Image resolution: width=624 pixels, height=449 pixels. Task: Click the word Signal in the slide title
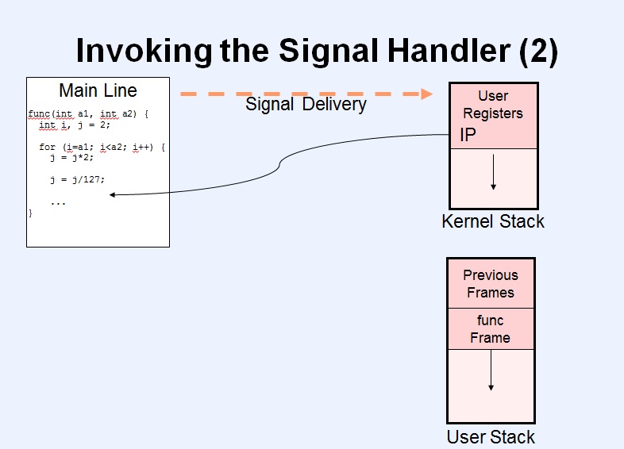pos(329,51)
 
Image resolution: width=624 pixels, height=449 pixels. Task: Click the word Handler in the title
pos(449,50)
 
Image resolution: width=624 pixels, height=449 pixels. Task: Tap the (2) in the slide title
pos(538,52)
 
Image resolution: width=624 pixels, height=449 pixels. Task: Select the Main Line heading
pos(98,90)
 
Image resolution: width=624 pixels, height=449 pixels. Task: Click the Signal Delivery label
pos(306,104)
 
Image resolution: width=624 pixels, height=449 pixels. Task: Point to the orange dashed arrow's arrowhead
pos(426,94)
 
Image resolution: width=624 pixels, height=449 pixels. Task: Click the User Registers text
pos(493,105)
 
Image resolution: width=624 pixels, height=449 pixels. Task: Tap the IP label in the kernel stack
pos(468,135)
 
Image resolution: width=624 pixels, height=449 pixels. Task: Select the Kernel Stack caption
pos(493,221)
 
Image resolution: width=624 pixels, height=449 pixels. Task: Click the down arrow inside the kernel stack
pos(494,172)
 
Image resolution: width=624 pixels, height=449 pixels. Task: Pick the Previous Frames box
pos(491,283)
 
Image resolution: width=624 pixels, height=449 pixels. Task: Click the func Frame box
pos(491,329)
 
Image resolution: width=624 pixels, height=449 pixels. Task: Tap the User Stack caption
pos(491,437)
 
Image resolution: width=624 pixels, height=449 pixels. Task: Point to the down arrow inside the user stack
pos(491,370)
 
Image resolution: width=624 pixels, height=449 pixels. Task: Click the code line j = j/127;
pos(78,180)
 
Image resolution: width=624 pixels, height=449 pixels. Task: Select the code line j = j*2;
pos(72,158)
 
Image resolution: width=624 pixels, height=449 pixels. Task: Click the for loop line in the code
pos(102,147)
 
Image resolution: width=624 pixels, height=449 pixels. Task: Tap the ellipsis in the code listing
pos(58,203)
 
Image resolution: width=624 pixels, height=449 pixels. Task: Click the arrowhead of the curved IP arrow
pos(112,195)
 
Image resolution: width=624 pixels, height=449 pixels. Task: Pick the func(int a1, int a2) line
pos(88,114)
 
